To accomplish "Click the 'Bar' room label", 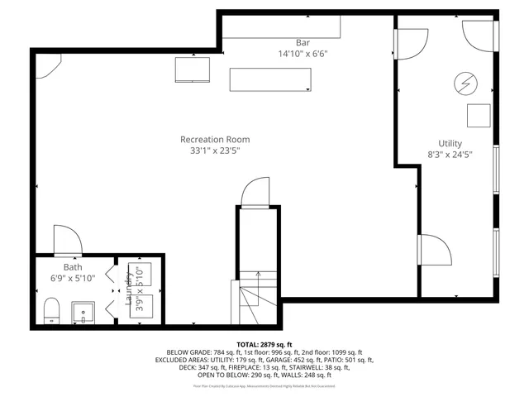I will point(303,42).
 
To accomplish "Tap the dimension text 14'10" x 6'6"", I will point(303,54).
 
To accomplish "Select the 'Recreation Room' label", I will point(215,139).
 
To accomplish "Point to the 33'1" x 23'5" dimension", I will point(215,151).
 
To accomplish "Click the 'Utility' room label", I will point(450,143).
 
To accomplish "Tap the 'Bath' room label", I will point(74,267).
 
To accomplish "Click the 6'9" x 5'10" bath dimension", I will point(74,279).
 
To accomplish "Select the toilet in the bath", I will point(51,312).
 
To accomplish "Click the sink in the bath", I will point(85,313).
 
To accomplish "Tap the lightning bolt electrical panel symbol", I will point(465,83).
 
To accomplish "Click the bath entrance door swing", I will point(66,240).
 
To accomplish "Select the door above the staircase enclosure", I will point(254,192).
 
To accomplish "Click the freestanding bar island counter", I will point(271,79).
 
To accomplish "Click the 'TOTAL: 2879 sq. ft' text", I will point(264,344).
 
